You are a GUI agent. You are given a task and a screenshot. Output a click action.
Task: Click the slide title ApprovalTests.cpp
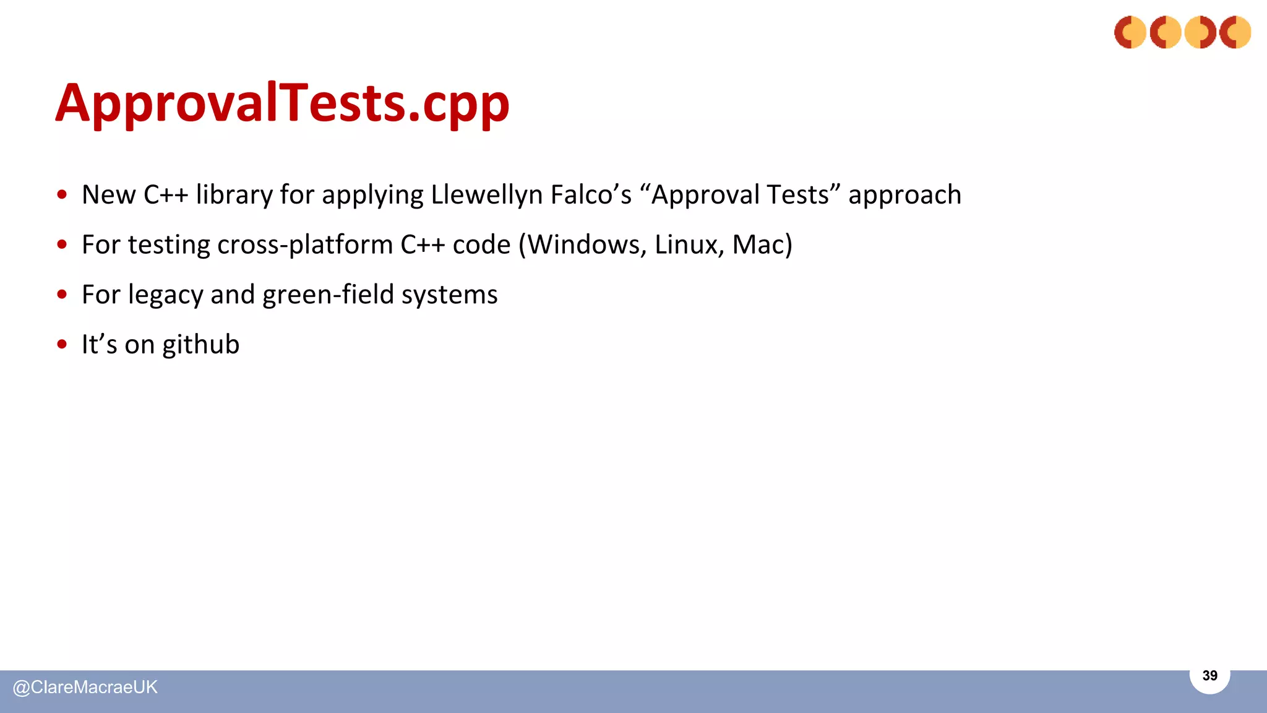click(x=283, y=103)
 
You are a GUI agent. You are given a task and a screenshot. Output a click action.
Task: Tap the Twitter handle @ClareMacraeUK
click(x=85, y=687)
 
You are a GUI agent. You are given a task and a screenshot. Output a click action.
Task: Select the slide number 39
click(x=1209, y=675)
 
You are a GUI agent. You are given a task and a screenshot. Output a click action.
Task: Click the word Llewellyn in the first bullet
click(x=486, y=195)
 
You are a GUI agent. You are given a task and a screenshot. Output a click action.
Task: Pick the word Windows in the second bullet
click(x=588, y=244)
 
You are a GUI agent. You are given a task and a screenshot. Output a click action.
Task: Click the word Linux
click(x=689, y=244)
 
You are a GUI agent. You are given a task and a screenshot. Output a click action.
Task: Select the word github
click(x=200, y=345)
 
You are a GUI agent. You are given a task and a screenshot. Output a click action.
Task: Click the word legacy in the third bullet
click(x=165, y=295)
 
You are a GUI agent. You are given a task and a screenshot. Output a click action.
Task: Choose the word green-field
click(x=328, y=295)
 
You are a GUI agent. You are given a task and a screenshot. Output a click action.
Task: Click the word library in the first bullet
click(x=234, y=195)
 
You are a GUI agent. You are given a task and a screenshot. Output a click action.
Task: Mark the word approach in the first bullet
click(x=904, y=195)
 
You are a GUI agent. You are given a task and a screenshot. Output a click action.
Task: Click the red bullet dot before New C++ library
click(x=62, y=194)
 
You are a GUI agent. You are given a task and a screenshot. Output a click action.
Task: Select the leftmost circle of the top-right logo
click(x=1130, y=32)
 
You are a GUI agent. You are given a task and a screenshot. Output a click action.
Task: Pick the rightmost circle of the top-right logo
click(x=1235, y=32)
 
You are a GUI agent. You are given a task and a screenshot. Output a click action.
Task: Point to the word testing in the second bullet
click(x=169, y=245)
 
